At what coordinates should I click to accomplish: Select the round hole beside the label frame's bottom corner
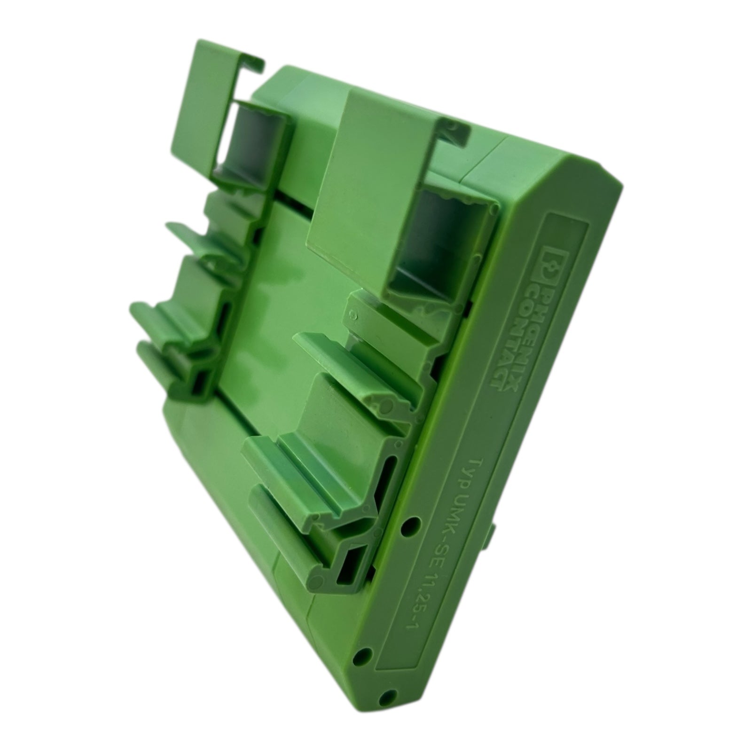tap(363, 655)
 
